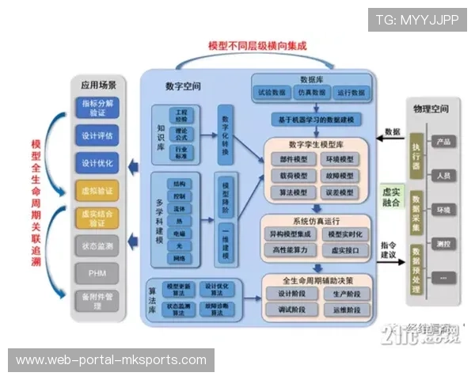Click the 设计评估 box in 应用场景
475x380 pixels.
pyautogui.click(x=97, y=135)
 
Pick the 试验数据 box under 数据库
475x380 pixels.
pyautogui.click(x=272, y=93)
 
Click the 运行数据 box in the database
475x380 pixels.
pyautogui.click(x=349, y=93)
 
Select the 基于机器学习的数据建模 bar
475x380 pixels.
pyautogui.click(x=316, y=120)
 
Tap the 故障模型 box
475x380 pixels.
pyautogui.click(x=340, y=174)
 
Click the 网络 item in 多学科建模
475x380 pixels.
pyautogui.click(x=179, y=259)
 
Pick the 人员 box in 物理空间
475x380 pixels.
pyautogui.click(x=443, y=174)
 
